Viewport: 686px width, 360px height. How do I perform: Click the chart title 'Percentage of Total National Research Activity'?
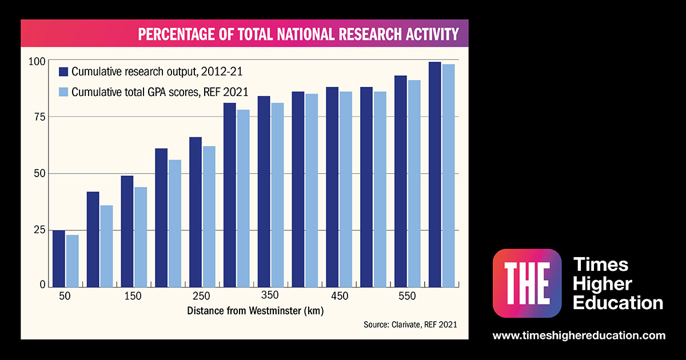pos(298,35)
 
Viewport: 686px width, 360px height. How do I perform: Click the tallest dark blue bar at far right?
pos(434,174)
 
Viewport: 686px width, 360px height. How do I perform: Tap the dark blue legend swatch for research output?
pos(63,71)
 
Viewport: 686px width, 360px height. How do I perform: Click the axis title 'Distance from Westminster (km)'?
pos(256,311)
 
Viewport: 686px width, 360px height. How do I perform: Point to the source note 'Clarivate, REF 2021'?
pos(410,325)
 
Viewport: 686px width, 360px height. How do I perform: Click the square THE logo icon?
pos(527,283)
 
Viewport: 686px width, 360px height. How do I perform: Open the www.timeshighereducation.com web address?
pos(579,335)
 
